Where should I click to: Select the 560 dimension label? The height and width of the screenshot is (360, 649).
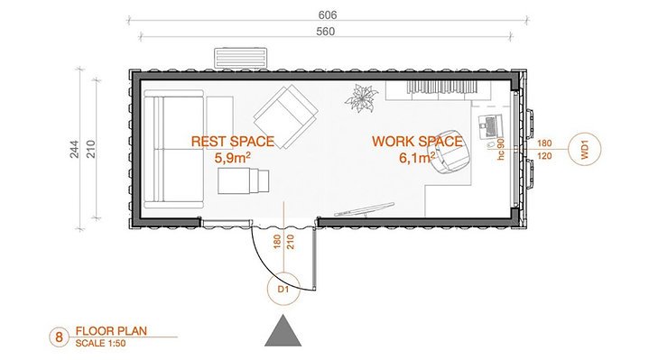click(328, 32)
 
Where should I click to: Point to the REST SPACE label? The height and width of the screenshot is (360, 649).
click(232, 142)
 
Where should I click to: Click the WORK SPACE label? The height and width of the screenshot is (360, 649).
click(416, 142)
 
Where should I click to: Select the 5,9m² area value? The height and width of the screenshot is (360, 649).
click(232, 157)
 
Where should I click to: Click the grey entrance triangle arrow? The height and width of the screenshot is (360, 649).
click(283, 332)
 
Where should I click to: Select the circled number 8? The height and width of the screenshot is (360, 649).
click(60, 338)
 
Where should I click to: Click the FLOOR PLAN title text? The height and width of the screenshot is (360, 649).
click(110, 331)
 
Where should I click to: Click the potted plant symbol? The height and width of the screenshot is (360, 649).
click(363, 98)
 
